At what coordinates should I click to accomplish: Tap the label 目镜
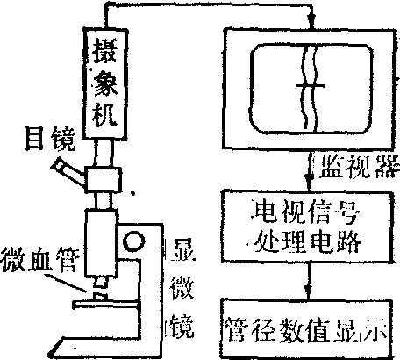[51, 138]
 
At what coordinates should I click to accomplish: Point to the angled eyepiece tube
[68, 172]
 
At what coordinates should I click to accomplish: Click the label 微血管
[39, 260]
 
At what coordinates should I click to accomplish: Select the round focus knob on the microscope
[134, 241]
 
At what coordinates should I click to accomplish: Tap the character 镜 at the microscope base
[182, 326]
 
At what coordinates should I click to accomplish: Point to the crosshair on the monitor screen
[310, 86]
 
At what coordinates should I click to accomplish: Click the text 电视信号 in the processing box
[306, 212]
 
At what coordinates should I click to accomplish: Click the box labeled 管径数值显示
[306, 328]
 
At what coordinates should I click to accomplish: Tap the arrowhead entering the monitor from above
[312, 19]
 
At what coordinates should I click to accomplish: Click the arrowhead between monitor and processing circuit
[308, 179]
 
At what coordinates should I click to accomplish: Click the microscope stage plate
[106, 305]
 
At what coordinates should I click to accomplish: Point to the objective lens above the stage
[101, 282]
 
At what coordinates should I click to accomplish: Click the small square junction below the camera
[104, 179]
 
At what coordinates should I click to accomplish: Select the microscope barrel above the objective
[102, 242]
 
